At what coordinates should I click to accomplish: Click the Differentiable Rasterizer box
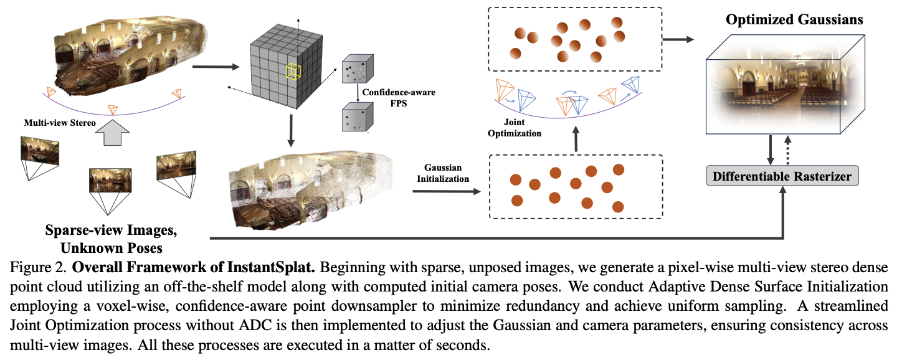[x=782, y=177]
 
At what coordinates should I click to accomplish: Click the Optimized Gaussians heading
[x=794, y=19]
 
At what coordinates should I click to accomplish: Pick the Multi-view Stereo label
[x=60, y=123]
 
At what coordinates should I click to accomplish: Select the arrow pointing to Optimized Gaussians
[x=677, y=39]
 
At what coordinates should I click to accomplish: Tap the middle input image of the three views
[x=110, y=180]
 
